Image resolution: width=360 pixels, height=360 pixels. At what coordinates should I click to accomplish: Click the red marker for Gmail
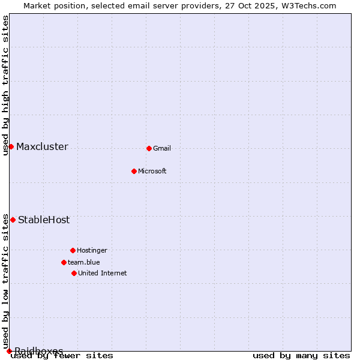coord(149,148)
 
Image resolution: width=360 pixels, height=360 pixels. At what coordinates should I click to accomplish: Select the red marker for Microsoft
coord(134,171)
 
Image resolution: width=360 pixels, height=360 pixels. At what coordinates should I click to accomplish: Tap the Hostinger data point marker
coord(73,250)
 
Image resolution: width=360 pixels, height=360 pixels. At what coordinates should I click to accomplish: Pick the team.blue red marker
coord(64,262)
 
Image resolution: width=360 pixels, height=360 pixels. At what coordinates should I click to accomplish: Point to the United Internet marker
coord(74,273)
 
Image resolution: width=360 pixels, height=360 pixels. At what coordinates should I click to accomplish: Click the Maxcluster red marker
coord(11,146)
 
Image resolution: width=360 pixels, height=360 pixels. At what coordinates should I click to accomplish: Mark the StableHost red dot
coord(13,220)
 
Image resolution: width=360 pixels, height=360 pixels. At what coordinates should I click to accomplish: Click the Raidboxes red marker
coord(9,351)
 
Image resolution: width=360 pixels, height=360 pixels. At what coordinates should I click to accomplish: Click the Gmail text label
coord(162,148)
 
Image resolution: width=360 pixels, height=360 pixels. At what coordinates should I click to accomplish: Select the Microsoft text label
coord(152,171)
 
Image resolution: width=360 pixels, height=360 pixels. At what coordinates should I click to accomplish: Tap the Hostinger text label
coord(92,250)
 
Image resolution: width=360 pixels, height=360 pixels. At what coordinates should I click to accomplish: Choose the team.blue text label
coord(84,262)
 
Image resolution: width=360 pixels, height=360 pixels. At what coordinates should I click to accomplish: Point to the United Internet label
coord(103,273)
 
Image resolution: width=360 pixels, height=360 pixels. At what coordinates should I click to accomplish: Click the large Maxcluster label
coord(42,146)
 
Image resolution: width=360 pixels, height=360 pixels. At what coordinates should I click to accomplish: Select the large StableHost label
coord(44,220)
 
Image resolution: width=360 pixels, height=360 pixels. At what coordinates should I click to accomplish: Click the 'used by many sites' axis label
coord(301,355)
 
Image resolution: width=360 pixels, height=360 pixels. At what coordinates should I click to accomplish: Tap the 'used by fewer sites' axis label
coord(62,355)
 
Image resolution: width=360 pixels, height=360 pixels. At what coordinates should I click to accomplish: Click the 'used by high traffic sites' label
coord(5,85)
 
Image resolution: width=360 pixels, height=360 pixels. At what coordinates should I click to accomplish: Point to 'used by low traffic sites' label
coord(5,281)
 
